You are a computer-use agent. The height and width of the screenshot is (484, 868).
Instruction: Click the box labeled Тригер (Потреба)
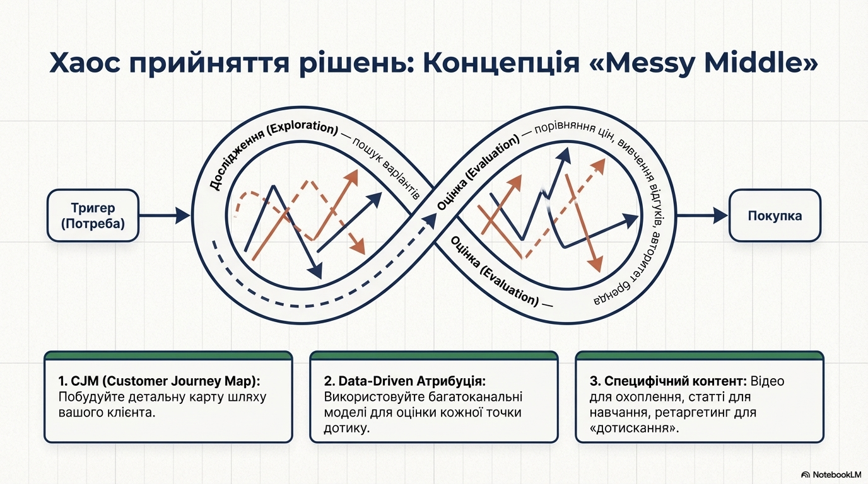(93, 216)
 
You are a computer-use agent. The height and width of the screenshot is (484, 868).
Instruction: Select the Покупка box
(775, 216)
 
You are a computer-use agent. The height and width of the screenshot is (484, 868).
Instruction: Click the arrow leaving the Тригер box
(163, 216)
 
